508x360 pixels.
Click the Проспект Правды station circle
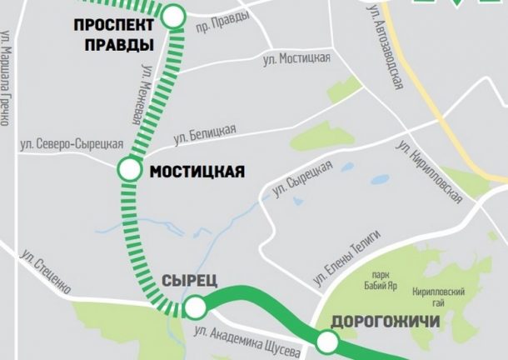pyautogui.click(x=174, y=16)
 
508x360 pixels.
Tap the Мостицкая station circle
pyautogui.click(x=129, y=170)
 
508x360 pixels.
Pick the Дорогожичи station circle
pyautogui.click(x=326, y=341)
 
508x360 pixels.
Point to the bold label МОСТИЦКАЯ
pyautogui.click(x=197, y=172)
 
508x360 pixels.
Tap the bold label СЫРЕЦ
pyautogui.click(x=192, y=281)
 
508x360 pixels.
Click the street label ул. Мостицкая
pyautogui.click(x=296, y=58)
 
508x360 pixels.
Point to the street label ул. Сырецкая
pyautogui.click(x=301, y=178)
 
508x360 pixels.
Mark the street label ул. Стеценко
pyautogui.click(x=47, y=270)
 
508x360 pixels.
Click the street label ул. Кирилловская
pyautogui.click(x=429, y=171)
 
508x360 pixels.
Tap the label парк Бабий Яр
pyautogui.click(x=385, y=280)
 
